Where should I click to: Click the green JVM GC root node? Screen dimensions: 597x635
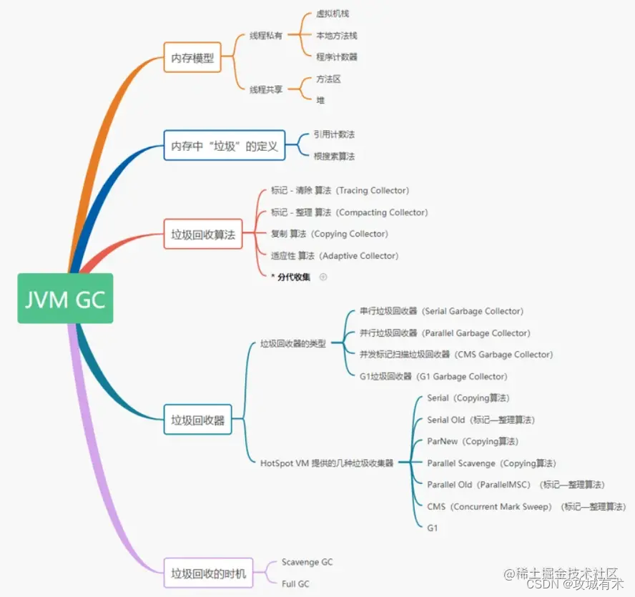pyautogui.click(x=65, y=298)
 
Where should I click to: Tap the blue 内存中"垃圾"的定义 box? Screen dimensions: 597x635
pyautogui.click(x=224, y=146)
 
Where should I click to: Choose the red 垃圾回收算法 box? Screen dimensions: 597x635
pyautogui.click(x=203, y=234)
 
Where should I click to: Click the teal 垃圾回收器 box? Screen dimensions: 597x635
pyautogui.click(x=198, y=420)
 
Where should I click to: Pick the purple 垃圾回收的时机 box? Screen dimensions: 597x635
pyautogui.click(x=208, y=573)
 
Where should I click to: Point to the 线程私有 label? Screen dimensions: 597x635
pyautogui.click(x=266, y=36)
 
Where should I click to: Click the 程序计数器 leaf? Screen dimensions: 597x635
pyautogui.click(x=336, y=57)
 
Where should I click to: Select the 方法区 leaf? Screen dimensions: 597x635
pyautogui.click(x=328, y=79)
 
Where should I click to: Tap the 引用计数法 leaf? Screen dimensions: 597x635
pyautogui.click(x=334, y=134)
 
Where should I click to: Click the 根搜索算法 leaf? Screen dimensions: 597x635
pyautogui.click(x=334, y=156)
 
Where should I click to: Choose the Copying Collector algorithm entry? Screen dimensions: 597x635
pyautogui.click(x=330, y=234)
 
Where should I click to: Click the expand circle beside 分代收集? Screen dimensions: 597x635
pyautogui.click(x=323, y=277)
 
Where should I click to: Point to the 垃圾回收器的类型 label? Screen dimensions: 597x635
pyautogui.click(x=293, y=344)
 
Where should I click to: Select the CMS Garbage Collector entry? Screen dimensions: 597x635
pyautogui.click(x=456, y=355)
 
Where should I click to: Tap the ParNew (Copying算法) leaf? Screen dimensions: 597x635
pyautogui.click(x=473, y=441)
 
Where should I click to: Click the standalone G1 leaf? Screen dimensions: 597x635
pyautogui.click(x=433, y=528)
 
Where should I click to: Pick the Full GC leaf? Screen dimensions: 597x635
pyautogui.click(x=295, y=584)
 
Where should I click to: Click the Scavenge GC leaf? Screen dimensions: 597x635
pyautogui.click(x=307, y=562)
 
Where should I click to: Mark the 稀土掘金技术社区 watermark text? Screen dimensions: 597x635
pyautogui.click(x=561, y=573)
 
